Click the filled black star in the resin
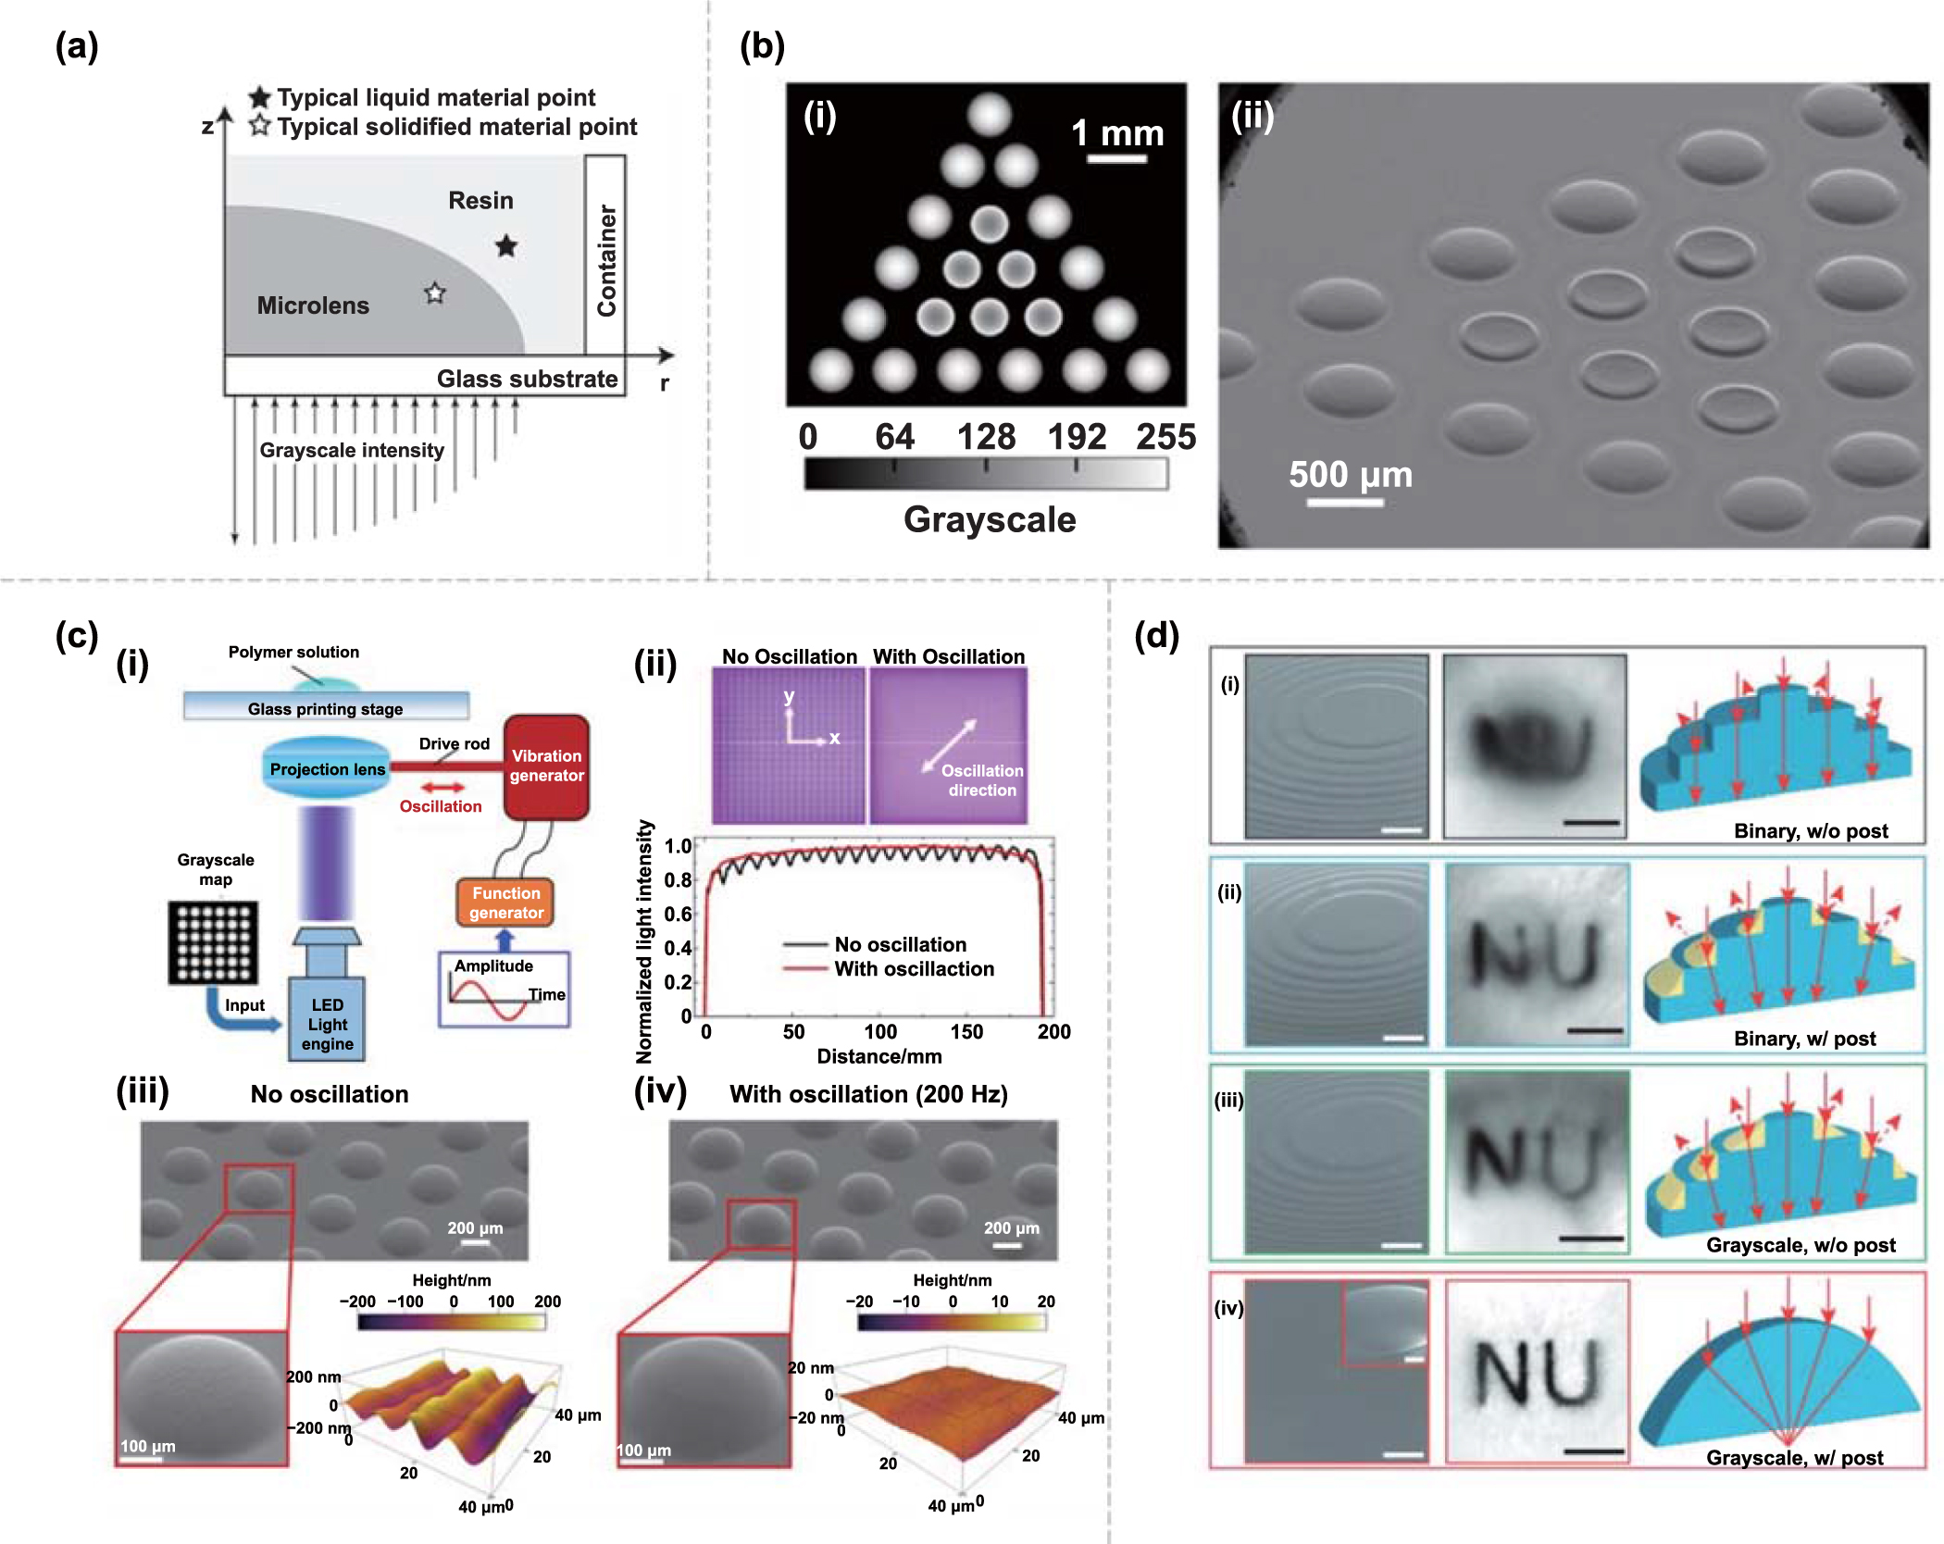[505, 246]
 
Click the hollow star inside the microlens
[435, 293]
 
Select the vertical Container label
[606, 260]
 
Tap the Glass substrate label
[527, 379]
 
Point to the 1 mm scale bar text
[1117, 133]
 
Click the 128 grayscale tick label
[986, 436]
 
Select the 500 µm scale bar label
[1350, 474]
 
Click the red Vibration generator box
[546, 766]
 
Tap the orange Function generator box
[505, 903]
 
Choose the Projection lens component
[327, 768]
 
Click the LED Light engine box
[327, 1023]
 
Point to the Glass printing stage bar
[325, 708]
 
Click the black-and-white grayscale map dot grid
[214, 942]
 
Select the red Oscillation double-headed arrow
[442, 788]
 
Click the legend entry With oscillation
[914, 968]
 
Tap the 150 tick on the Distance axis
[966, 1031]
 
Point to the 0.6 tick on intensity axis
[678, 914]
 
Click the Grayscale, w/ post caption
[1794, 1458]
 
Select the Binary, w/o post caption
[1810, 830]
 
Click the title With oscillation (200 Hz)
[867, 1094]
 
